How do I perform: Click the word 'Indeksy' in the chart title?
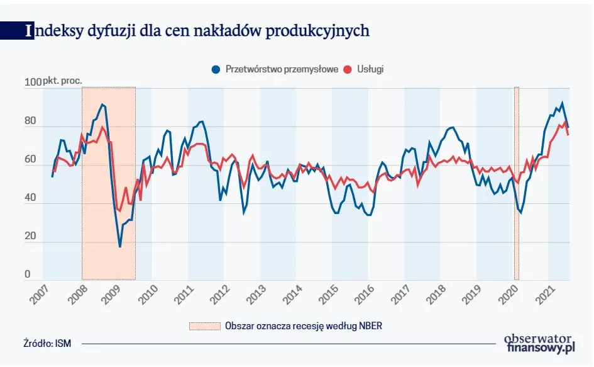[x=49, y=31]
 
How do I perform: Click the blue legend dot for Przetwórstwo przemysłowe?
[x=216, y=69]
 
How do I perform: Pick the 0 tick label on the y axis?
[x=27, y=274]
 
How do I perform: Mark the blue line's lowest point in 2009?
[x=120, y=246]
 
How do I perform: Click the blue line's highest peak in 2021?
[x=562, y=103]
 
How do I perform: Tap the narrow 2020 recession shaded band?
[x=517, y=183]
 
